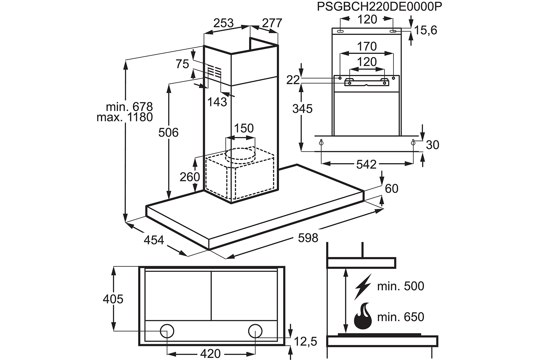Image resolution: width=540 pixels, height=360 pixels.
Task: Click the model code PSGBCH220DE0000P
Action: pyautogui.click(x=379, y=7)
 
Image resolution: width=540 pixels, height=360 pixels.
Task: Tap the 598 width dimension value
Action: pyautogui.click(x=308, y=238)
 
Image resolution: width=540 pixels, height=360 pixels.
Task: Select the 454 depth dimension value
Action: pyautogui.click(x=154, y=240)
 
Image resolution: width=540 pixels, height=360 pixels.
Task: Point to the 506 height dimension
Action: pyautogui.click(x=168, y=132)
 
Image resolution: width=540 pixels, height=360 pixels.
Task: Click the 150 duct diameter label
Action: pyautogui.click(x=244, y=128)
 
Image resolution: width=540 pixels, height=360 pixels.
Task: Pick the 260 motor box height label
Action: pyautogui.click(x=190, y=177)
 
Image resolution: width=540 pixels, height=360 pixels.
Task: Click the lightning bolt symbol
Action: pyautogui.click(x=363, y=287)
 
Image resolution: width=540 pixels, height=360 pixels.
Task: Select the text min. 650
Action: pyautogui.click(x=401, y=317)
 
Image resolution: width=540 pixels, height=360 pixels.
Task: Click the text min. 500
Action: pyautogui.click(x=401, y=286)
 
